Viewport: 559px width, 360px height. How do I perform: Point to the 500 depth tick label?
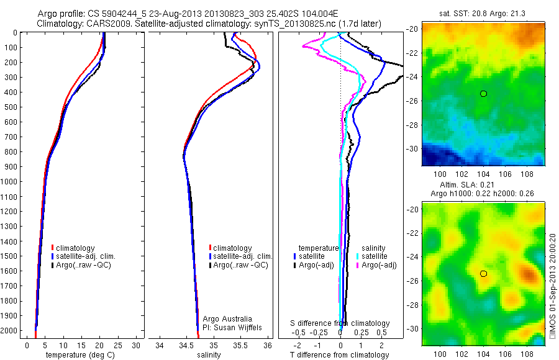pos(11,107)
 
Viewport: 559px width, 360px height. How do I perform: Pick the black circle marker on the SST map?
pos(483,94)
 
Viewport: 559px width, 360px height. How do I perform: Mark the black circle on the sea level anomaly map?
pos(483,274)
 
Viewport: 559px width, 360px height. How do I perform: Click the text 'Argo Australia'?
pos(227,319)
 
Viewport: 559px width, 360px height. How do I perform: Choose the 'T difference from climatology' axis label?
pos(340,356)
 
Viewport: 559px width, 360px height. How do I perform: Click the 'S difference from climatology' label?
pos(340,323)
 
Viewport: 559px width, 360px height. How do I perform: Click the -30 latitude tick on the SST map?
pos(412,149)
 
